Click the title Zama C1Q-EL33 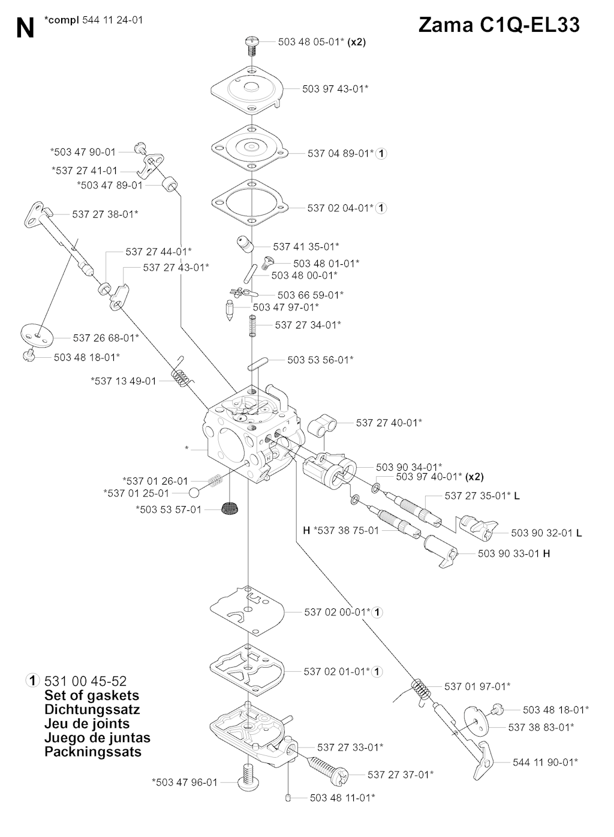(499, 26)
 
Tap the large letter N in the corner (25, 28)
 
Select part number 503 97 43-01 (335, 89)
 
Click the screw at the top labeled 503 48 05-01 (252, 43)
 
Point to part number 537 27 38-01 (105, 214)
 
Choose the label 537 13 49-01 (124, 381)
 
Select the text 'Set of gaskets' (92, 695)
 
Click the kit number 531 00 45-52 (86, 681)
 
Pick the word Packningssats (93, 752)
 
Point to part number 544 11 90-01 (545, 762)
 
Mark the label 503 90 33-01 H (514, 554)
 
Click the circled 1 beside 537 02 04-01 (381, 208)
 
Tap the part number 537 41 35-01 (306, 246)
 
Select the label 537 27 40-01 (389, 423)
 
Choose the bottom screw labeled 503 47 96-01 (247, 779)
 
